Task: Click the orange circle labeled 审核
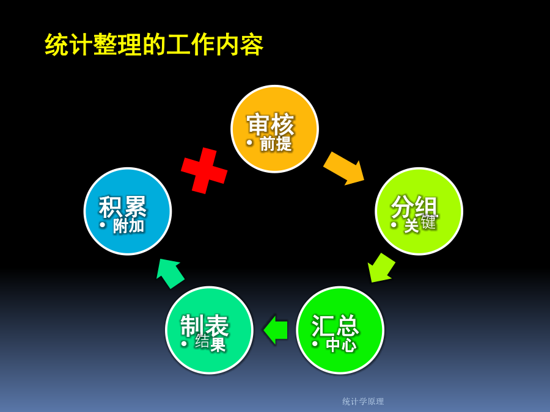coord(274,129)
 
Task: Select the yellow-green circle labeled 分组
coord(419,211)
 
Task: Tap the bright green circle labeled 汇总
coord(340,330)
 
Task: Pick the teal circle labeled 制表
coord(209,330)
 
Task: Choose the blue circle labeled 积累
coord(128,211)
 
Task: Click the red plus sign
coord(204,171)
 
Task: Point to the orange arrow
coord(343,168)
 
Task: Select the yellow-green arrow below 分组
coord(381,268)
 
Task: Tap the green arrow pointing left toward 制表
coord(276,330)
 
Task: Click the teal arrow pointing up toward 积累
coord(170,273)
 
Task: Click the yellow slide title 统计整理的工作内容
coord(154,45)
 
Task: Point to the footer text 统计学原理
coord(363,402)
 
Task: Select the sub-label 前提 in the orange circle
coord(276,143)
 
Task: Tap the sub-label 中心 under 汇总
coord(341,345)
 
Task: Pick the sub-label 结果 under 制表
coord(210,342)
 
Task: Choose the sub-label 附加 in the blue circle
coord(129,226)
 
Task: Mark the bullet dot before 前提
coord(249,143)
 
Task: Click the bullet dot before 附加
coord(103,225)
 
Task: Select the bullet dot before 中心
coord(315,344)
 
